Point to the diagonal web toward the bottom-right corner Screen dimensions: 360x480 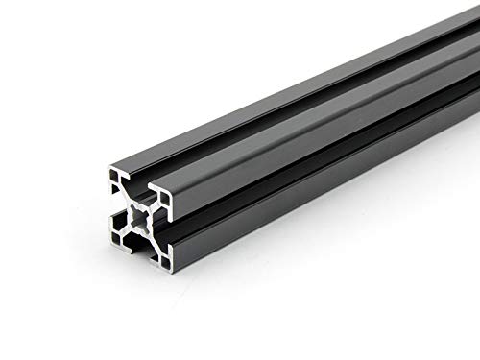pos(155,241)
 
